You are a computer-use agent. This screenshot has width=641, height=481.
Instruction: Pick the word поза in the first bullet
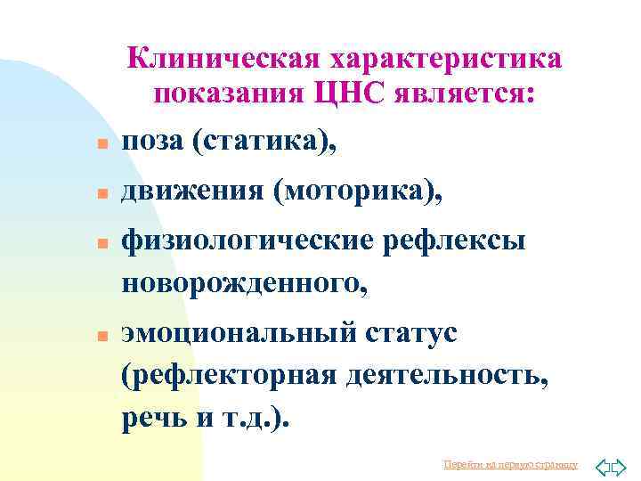[151, 141]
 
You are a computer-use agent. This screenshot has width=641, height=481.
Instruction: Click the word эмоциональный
[236, 333]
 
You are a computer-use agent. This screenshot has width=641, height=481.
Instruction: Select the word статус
[410, 333]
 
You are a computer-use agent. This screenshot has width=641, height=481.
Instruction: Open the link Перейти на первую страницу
[510, 465]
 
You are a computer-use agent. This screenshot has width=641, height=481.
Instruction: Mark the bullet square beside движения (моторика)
[102, 193]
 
